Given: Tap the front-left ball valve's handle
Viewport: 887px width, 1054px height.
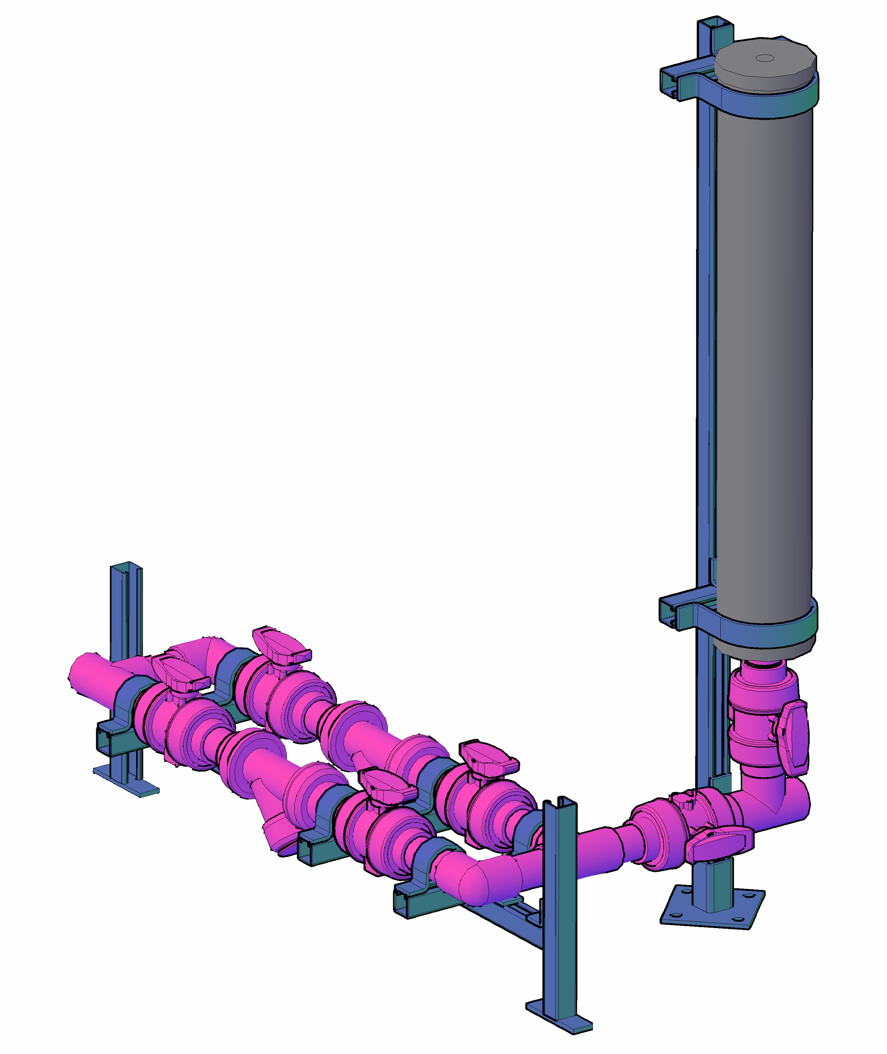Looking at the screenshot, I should pos(181,676).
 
